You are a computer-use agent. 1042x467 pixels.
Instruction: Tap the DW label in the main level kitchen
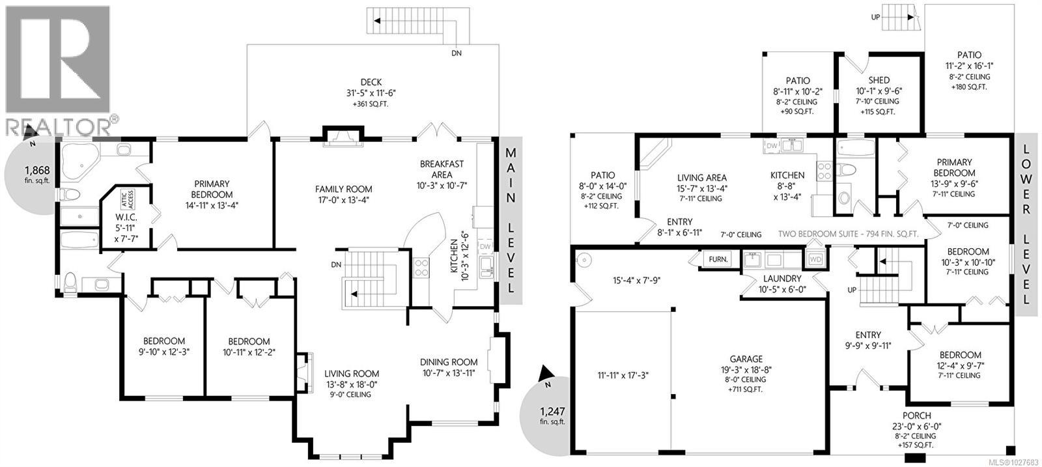pos(485,247)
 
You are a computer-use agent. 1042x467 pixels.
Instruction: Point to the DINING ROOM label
pos(449,367)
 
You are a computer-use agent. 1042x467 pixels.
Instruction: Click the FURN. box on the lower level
pos(718,259)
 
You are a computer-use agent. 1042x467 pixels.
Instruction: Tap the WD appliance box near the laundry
pos(815,259)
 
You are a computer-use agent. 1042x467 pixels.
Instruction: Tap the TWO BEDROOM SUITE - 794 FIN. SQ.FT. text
pos(848,234)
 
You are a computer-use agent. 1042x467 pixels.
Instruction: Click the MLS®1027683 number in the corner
pos(1012,462)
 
